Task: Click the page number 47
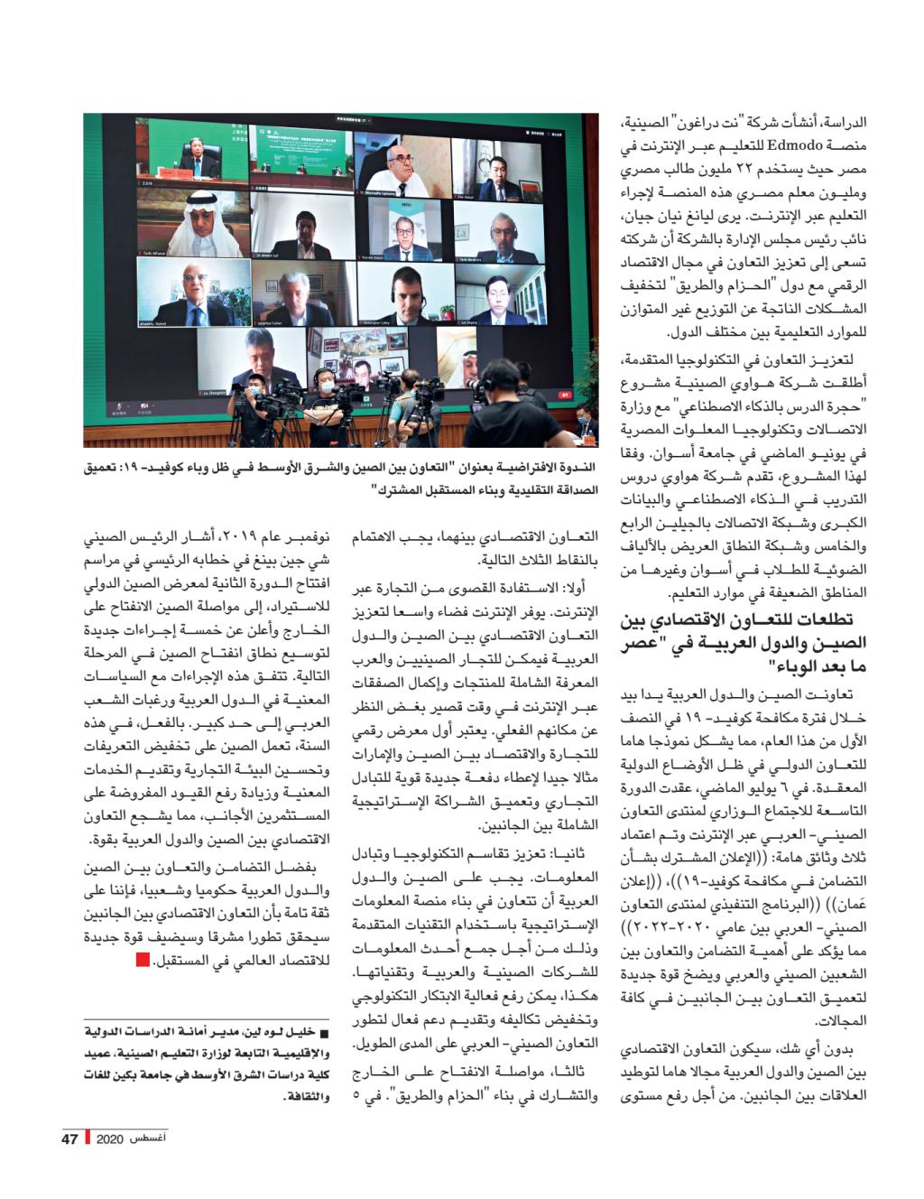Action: (x=71, y=1138)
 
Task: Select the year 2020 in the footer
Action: (x=108, y=1138)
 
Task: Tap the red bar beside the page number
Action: (x=88, y=1138)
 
